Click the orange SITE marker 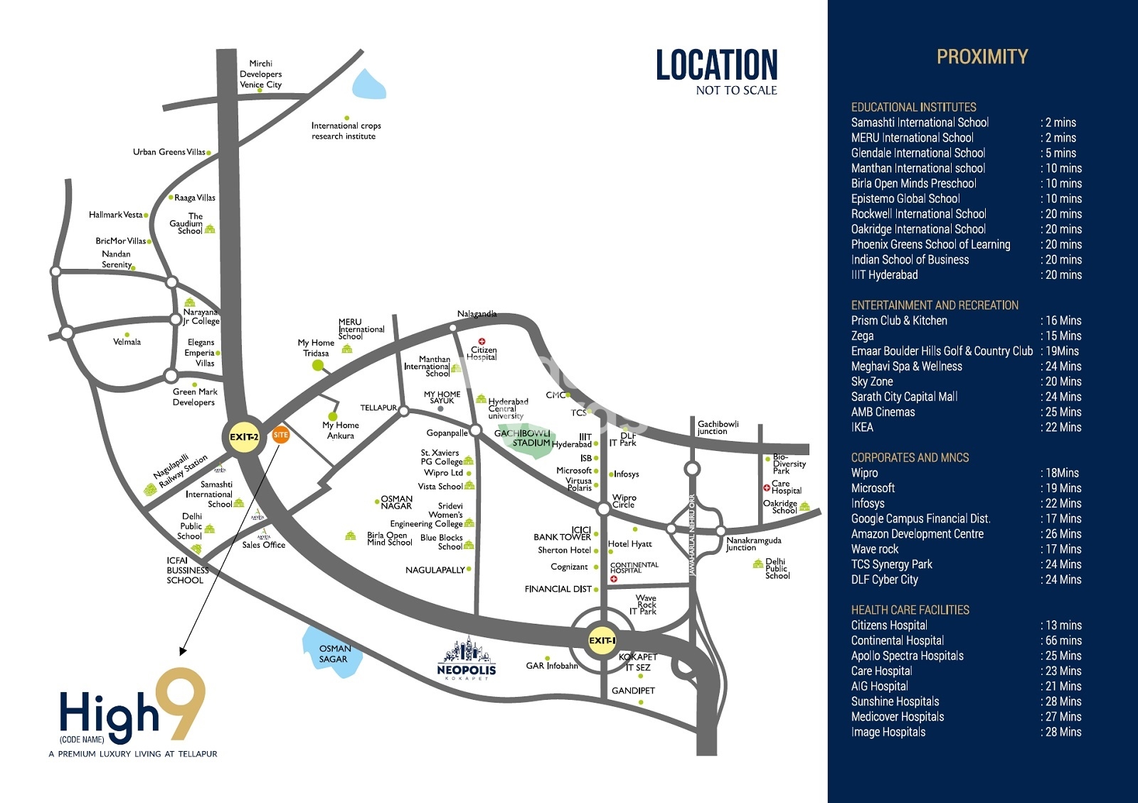pos(281,435)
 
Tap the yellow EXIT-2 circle pos(244,437)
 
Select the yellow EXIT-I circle pos(602,640)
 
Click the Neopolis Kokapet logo pos(467,659)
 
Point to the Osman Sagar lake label pos(334,654)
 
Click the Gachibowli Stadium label pos(523,438)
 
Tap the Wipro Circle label pos(624,501)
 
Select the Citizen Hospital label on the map pos(483,353)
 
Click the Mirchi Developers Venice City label pos(260,74)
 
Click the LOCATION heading pos(716,65)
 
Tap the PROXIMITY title pos(982,57)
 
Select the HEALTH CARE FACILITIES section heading pos(910,610)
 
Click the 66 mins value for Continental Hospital pos(1063,641)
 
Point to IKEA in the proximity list pos(862,427)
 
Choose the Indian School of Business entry pos(910,260)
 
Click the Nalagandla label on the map pos(477,314)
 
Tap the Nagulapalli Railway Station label pos(181,471)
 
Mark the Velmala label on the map pos(127,342)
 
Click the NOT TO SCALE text pos(736,90)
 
